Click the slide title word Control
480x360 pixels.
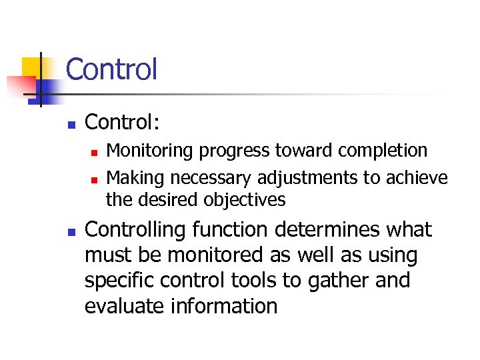(111, 69)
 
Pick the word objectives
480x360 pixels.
(245, 200)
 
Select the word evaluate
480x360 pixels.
(125, 306)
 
